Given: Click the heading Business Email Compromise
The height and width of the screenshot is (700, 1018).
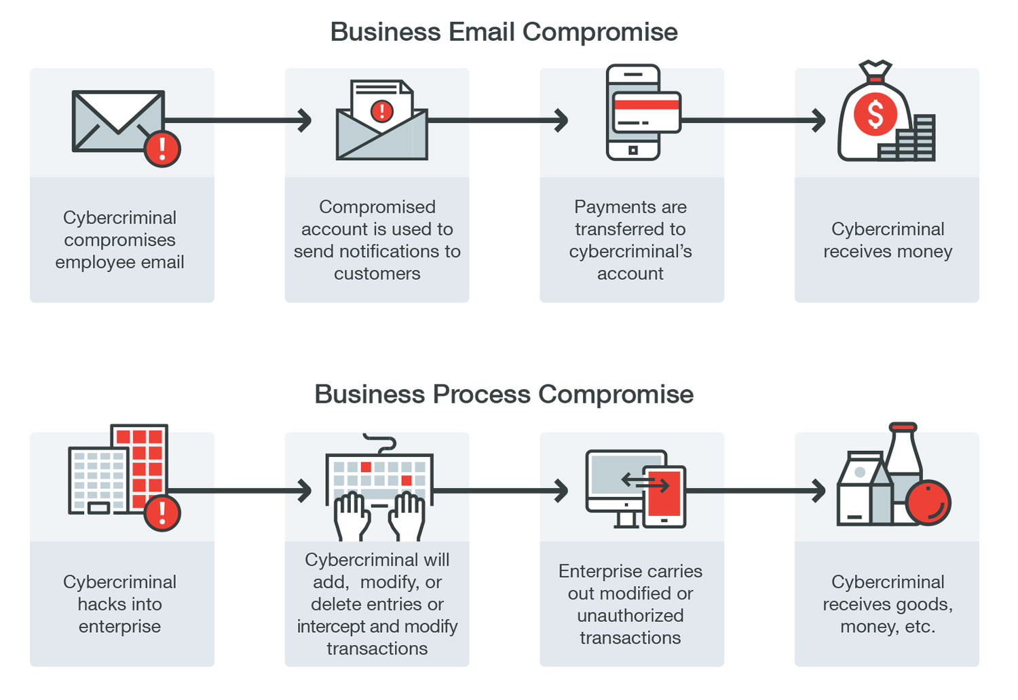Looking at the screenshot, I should pyautogui.click(x=504, y=32).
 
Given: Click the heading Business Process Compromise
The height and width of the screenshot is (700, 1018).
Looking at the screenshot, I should pyautogui.click(x=504, y=394).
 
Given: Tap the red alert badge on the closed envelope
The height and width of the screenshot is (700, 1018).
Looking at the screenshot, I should pyautogui.click(x=162, y=149).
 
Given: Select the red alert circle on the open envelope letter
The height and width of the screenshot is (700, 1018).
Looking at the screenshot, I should pyautogui.click(x=382, y=111).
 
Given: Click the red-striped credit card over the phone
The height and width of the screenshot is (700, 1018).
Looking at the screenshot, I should pyautogui.click(x=646, y=112).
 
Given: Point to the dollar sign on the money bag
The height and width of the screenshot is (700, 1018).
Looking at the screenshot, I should pyautogui.click(x=875, y=114).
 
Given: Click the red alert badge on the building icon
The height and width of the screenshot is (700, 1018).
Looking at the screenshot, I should pyautogui.click(x=162, y=513).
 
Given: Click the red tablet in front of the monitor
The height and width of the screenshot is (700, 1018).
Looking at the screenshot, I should pyautogui.click(x=664, y=496).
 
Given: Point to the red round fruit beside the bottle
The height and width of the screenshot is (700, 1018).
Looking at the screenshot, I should pyautogui.click(x=928, y=502).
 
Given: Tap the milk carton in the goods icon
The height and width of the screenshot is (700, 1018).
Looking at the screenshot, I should pyautogui.click(x=859, y=490).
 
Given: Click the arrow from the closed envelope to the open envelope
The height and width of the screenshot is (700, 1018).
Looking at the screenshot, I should pyautogui.click(x=238, y=121).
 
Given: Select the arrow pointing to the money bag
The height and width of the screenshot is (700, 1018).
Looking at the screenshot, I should pyautogui.click(x=753, y=121).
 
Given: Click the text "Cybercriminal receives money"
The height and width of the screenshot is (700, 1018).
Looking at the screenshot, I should pyautogui.click(x=888, y=240).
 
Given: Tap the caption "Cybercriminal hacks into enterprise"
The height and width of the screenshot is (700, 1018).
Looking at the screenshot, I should pyautogui.click(x=120, y=604).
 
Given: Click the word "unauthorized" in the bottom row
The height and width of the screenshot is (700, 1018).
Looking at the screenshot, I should pyautogui.click(x=630, y=616).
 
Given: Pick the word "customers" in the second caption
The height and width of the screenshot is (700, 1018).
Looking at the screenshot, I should pyautogui.click(x=377, y=274).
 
